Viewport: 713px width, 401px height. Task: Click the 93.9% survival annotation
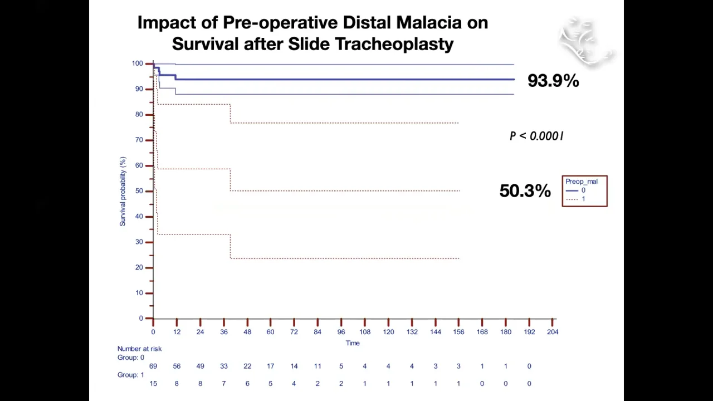point(553,81)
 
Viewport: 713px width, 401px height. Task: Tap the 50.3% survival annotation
point(525,191)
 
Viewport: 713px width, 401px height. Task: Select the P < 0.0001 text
point(536,136)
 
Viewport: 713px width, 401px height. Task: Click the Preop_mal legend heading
point(581,182)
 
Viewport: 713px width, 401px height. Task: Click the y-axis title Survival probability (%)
point(123,191)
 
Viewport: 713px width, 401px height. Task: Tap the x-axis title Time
point(353,343)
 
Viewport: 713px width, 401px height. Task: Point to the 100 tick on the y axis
point(137,63)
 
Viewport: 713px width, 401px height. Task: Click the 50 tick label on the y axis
point(139,191)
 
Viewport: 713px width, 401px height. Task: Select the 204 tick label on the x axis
point(553,332)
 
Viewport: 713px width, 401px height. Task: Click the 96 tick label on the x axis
point(341,332)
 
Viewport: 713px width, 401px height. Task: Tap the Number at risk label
point(139,349)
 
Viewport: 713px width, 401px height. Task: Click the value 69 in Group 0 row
point(153,366)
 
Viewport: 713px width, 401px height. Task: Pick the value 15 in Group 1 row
point(153,383)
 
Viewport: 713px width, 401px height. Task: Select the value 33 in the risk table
point(223,366)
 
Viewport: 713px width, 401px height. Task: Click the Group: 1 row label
point(130,375)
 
